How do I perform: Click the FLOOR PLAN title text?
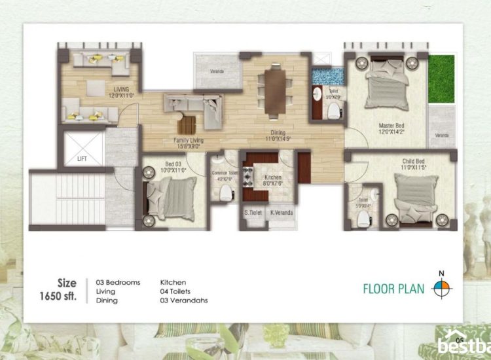[393, 288]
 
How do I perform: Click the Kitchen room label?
[272, 177]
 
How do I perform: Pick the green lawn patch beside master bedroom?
[441, 79]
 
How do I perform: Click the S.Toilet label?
[253, 212]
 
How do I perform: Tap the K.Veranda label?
[282, 212]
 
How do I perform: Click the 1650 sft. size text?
[58, 296]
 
